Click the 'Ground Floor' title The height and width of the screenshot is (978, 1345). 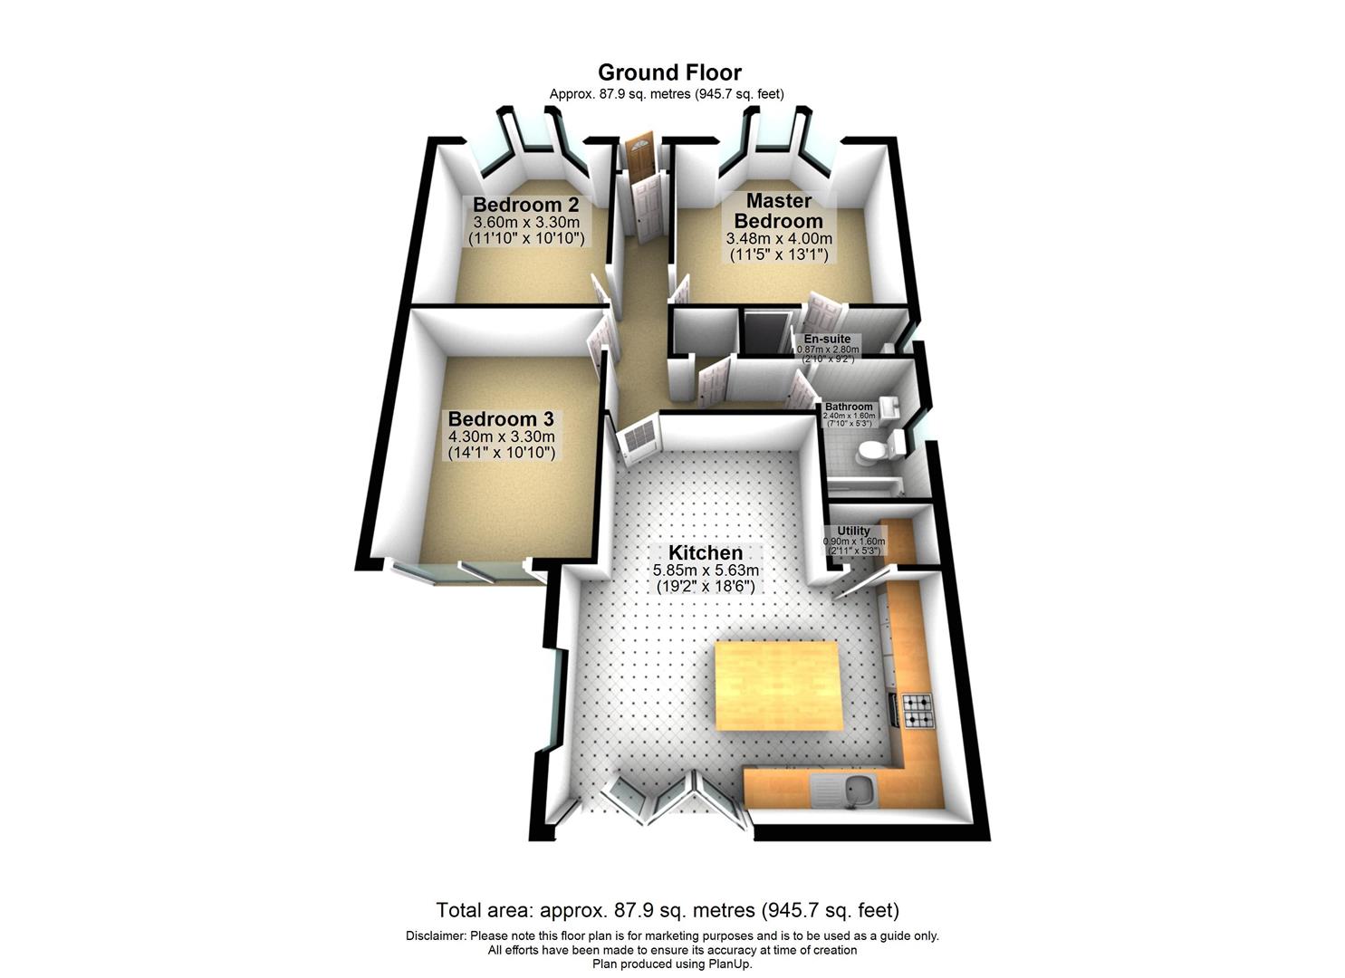(x=669, y=72)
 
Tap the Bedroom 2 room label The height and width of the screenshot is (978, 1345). (x=525, y=204)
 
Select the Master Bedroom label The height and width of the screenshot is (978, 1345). (x=778, y=210)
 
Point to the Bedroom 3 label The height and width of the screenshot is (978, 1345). (x=501, y=419)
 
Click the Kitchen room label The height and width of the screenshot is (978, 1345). (x=706, y=552)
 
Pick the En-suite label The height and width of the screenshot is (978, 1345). (x=827, y=340)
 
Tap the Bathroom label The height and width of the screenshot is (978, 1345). (x=849, y=407)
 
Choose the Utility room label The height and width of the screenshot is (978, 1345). (x=853, y=532)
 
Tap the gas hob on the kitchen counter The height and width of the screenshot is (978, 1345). (x=917, y=711)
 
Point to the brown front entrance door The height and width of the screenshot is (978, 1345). (x=639, y=154)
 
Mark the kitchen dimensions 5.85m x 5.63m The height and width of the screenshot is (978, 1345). (x=706, y=570)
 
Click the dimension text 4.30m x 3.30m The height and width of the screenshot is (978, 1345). (x=501, y=436)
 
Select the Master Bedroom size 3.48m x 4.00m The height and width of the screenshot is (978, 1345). (x=779, y=239)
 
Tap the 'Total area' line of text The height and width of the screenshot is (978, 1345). (x=668, y=910)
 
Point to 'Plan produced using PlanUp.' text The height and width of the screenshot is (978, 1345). (x=672, y=964)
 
